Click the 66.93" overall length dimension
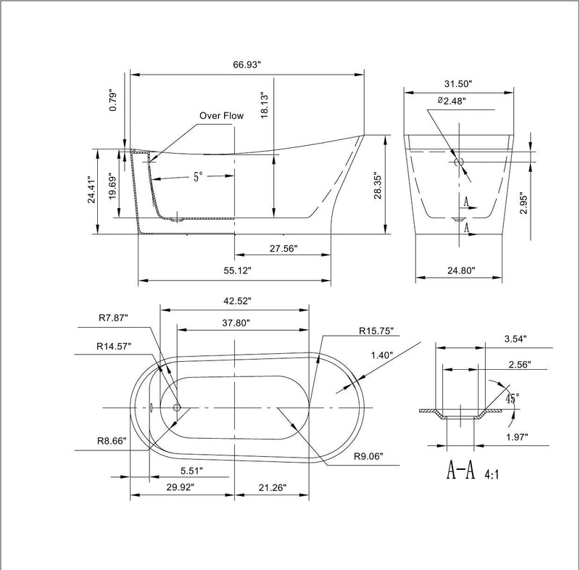click(247, 65)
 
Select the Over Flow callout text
click(222, 115)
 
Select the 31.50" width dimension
click(458, 83)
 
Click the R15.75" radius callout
click(376, 331)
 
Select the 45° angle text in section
click(512, 399)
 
